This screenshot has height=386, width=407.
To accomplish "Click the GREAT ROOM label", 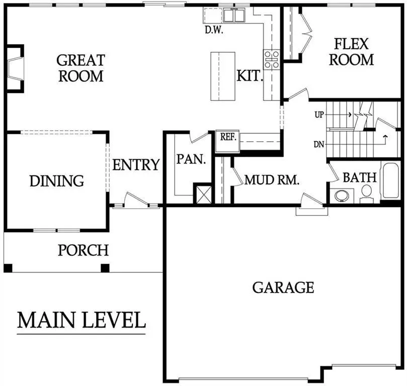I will click(x=80, y=68).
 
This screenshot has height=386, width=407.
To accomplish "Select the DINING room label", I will click(x=56, y=180).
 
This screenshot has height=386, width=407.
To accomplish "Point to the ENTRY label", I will click(x=136, y=165).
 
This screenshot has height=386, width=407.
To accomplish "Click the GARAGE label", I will click(x=283, y=287).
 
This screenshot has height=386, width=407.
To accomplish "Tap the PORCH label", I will click(x=83, y=250).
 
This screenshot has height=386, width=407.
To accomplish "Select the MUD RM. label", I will click(x=272, y=180).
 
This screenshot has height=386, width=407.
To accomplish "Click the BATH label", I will click(x=360, y=177).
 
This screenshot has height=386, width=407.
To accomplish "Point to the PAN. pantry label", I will click(x=191, y=160).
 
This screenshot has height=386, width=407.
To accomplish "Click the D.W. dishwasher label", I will click(x=213, y=30).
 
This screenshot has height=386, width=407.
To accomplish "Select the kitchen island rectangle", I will click(x=222, y=76).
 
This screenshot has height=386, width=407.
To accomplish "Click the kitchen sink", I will click(x=233, y=16).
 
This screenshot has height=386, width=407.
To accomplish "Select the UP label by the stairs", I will click(x=319, y=115).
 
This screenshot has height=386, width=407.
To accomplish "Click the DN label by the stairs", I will click(x=318, y=145).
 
